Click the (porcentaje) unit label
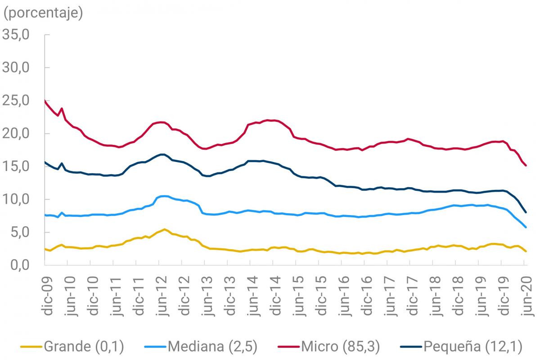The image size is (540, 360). tap(43, 13)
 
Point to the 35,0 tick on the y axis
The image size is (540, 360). tap(16, 35)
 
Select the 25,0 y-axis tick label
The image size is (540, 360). tap(16, 100)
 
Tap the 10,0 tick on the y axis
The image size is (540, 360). tap(16, 199)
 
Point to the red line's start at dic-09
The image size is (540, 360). tap(45, 101)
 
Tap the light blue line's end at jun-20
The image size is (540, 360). tap(526, 227)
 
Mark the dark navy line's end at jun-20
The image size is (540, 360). tap(526, 212)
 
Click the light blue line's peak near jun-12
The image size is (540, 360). tap(163, 196)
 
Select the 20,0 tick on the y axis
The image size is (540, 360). tap(16, 134)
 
